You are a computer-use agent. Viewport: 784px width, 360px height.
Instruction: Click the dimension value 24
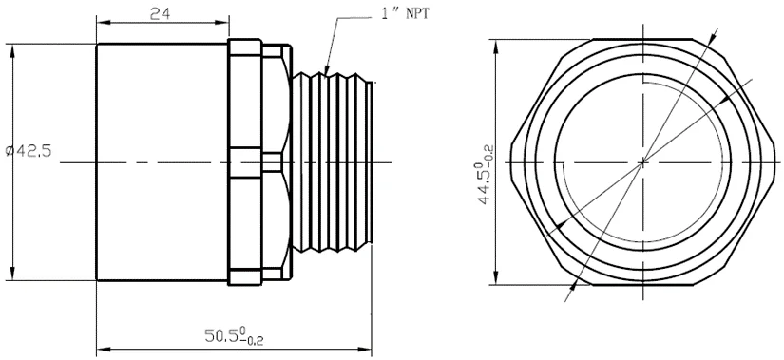pos(161,13)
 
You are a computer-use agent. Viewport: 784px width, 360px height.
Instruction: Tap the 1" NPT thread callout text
pos(405,13)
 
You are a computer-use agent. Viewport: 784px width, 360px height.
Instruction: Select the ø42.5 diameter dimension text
pos(29,150)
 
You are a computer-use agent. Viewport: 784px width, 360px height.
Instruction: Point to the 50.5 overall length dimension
pos(234,335)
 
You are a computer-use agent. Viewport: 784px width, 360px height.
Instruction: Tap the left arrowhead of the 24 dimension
pos(103,22)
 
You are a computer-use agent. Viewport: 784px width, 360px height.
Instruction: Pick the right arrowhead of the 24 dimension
pos(223,22)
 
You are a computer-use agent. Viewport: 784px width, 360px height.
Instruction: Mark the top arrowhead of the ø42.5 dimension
pos(12,50)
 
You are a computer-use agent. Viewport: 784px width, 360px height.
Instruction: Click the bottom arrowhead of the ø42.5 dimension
pos(12,275)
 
